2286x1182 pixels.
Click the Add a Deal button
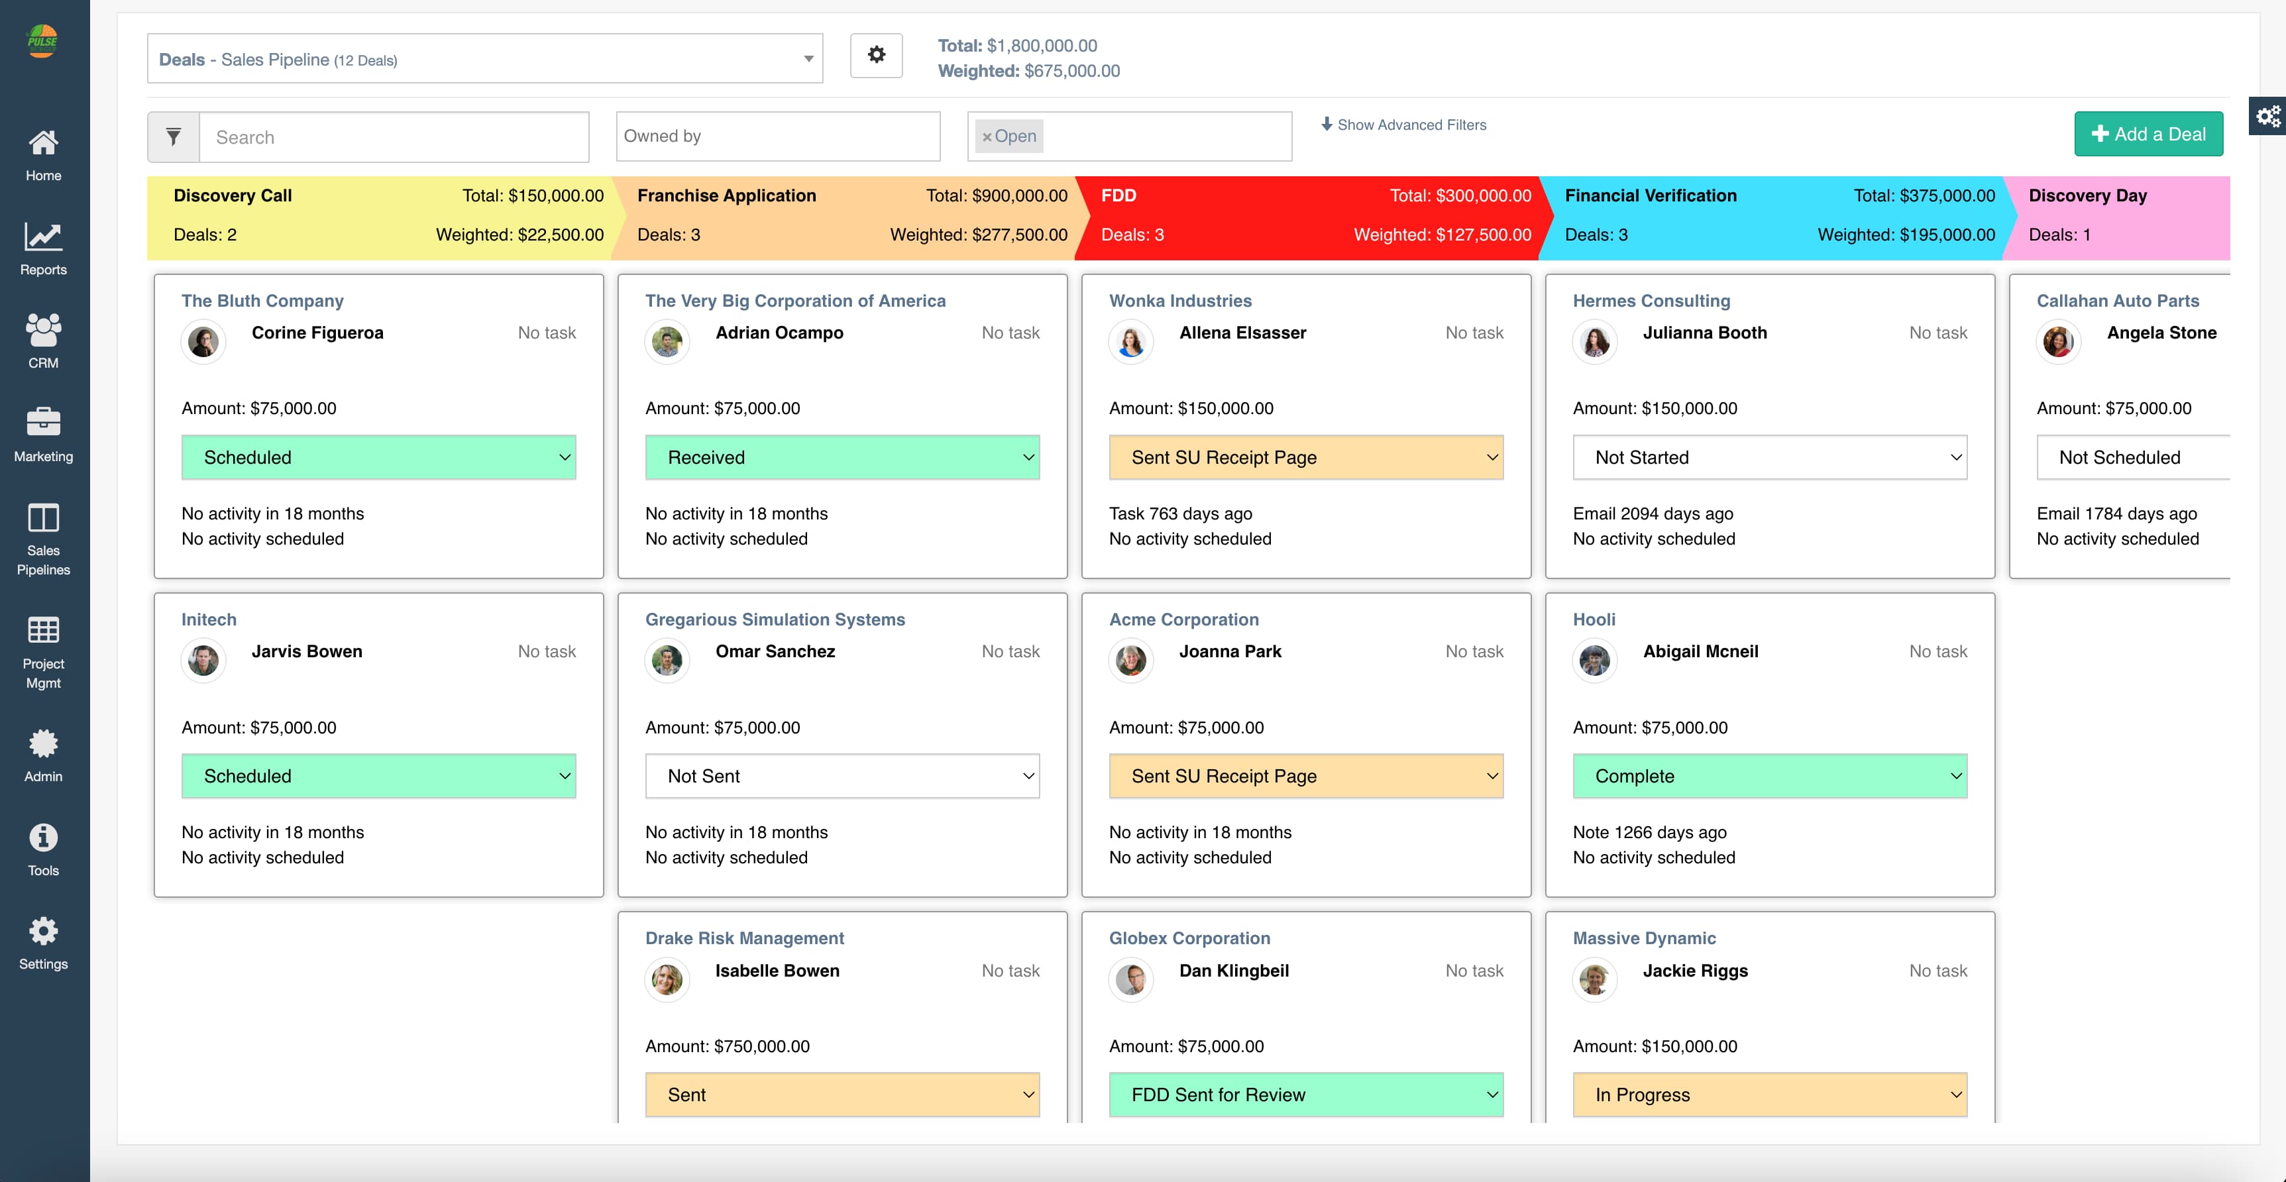(x=2148, y=134)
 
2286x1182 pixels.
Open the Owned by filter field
(x=777, y=136)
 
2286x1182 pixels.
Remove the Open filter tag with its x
(x=986, y=136)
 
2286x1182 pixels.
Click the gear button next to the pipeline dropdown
(x=876, y=55)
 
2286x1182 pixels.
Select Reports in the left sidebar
(x=42, y=249)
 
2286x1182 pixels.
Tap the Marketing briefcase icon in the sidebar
(x=42, y=423)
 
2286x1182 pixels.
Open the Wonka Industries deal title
(x=1179, y=301)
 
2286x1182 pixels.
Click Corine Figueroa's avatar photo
(x=203, y=342)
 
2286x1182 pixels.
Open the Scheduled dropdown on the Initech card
(x=378, y=776)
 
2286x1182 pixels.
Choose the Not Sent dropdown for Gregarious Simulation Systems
(x=842, y=776)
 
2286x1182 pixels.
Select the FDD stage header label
(x=1118, y=195)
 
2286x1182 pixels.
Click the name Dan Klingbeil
(x=1234, y=970)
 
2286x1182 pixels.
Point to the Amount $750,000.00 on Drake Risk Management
(x=727, y=1046)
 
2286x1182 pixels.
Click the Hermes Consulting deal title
(x=1651, y=301)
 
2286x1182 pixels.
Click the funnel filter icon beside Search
(x=174, y=136)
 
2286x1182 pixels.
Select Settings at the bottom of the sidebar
(x=42, y=944)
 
